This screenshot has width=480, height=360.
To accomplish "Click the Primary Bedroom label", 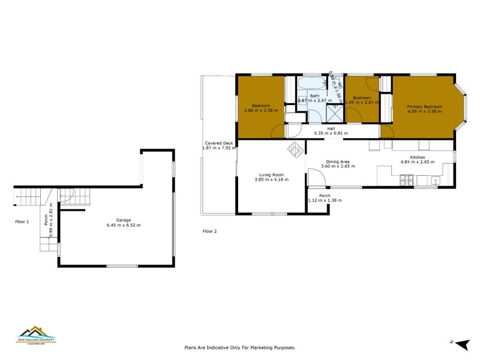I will coord(424,107).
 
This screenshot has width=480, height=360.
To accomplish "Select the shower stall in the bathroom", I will coord(334,112).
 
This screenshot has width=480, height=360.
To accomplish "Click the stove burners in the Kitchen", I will coord(406,178).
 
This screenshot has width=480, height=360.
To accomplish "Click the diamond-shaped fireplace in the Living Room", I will coord(295,149).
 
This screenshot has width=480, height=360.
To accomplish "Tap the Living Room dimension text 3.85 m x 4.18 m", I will coord(269,179).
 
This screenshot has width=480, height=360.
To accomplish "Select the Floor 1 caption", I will coord(22,221).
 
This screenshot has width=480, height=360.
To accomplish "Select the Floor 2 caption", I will coord(209,231).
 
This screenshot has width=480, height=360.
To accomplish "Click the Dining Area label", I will coord(338,161).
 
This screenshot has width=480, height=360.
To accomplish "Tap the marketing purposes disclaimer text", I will coord(239,347).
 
